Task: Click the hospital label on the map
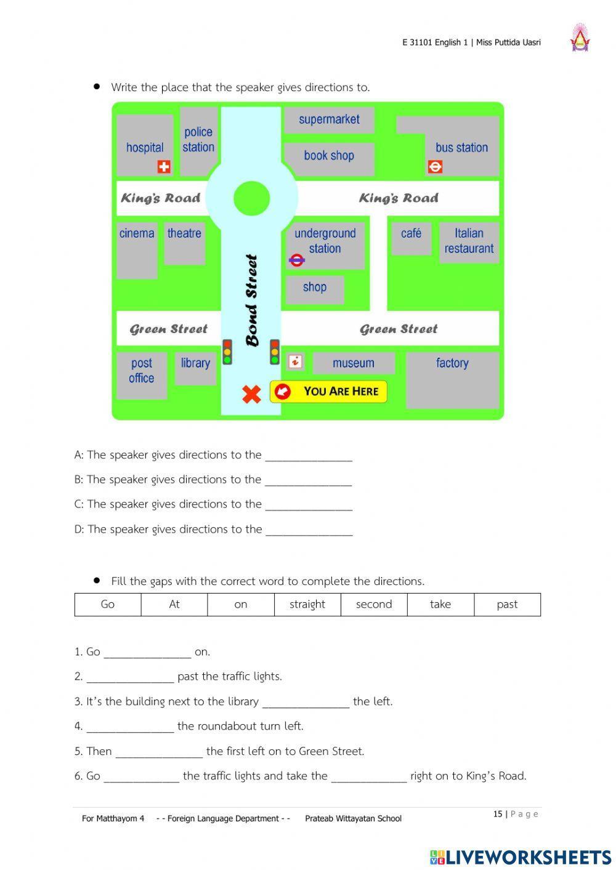pyautogui.click(x=145, y=148)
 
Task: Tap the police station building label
pyautogui.click(x=198, y=140)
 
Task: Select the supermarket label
pyautogui.click(x=329, y=119)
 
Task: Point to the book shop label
pyautogui.click(x=329, y=156)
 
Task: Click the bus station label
pyautogui.click(x=461, y=148)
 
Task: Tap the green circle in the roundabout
pyautogui.click(x=252, y=198)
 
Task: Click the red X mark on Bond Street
pyautogui.click(x=251, y=394)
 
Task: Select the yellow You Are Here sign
pyautogui.click(x=328, y=392)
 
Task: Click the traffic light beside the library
pyautogui.click(x=227, y=352)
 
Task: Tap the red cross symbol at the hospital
pyautogui.click(x=164, y=167)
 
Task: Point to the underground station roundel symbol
pyautogui.click(x=297, y=260)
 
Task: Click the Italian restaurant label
pyautogui.click(x=469, y=241)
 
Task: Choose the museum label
pyautogui.click(x=353, y=363)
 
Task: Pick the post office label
pyautogui.click(x=142, y=371)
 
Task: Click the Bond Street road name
pyautogui.click(x=251, y=300)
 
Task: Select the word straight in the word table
pyautogui.click(x=307, y=605)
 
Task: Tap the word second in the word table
pyautogui.click(x=374, y=605)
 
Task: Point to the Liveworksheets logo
pyautogui.click(x=521, y=857)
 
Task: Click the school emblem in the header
pyautogui.click(x=580, y=38)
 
